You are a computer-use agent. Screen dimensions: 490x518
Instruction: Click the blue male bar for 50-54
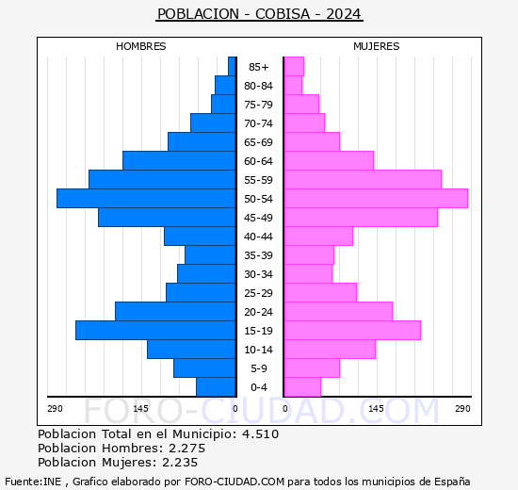tap(146, 198)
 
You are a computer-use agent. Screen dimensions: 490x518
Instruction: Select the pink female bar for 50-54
tap(376, 198)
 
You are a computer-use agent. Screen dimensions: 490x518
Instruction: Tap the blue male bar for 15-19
tap(155, 330)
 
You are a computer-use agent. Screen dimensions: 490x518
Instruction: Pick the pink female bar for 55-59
tap(363, 179)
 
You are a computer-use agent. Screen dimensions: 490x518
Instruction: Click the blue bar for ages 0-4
tap(216, 386)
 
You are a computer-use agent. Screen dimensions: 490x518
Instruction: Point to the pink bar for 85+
tap(294, 66)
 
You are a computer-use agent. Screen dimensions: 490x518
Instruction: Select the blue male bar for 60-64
tap(179, 160)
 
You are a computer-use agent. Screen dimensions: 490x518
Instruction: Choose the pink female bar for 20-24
tap(338, 311)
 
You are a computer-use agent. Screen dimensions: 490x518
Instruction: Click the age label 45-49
tap(259, 218)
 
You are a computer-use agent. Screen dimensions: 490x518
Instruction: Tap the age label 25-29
tap(259, 293)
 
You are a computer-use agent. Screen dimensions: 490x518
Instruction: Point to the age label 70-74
tap(259, 123)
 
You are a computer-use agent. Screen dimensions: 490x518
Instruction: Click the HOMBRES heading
tap(141, 46)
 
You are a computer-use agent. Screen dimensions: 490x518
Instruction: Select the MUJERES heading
tap(376, 46)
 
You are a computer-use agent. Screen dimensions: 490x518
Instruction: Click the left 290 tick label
tap(55, 408)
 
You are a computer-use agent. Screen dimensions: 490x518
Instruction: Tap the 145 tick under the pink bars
tap(376, 408)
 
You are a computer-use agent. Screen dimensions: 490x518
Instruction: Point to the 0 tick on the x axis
tap(235, 408)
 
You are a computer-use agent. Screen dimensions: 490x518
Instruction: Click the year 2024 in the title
tap(345, 14)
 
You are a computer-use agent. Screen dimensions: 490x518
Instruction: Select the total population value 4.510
tap(259, 434)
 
